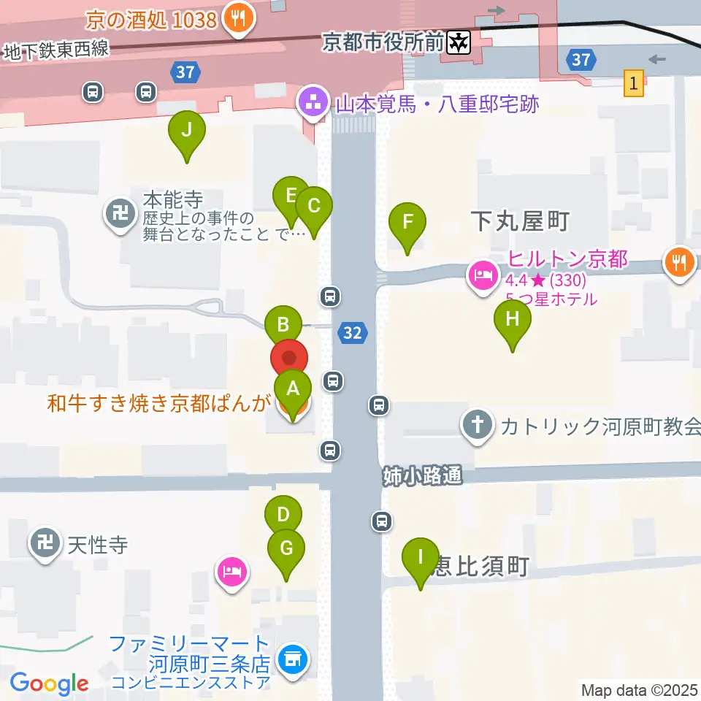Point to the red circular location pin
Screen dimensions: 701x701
[289, 359]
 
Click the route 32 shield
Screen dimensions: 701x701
[352, 333]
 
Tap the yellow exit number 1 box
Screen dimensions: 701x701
[634, 83]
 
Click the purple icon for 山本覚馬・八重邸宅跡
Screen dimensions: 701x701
[314, 104]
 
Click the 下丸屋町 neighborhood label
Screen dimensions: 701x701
[519, 221]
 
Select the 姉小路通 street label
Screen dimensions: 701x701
[423, 477]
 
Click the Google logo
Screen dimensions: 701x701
[49, 684]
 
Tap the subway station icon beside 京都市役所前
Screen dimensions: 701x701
[459, 43]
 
